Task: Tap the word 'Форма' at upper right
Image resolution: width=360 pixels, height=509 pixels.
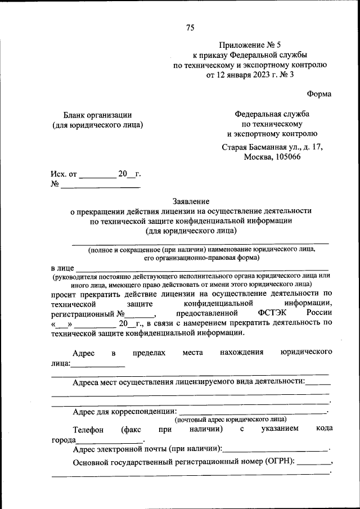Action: point(319,94)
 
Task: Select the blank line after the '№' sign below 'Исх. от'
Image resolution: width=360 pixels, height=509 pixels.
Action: point(100,186)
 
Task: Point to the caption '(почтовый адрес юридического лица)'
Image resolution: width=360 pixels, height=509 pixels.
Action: point(230,420)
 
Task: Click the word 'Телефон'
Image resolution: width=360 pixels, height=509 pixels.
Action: point(88,429)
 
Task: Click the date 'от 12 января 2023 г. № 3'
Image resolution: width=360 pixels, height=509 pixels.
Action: point(250,75)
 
